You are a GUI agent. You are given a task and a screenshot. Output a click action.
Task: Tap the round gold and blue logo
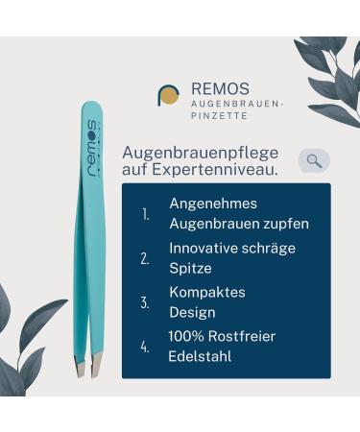[x=169, y=95]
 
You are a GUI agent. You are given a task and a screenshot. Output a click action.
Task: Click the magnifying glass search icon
[x=314, y=160]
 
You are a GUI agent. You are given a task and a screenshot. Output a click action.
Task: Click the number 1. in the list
[x=146, y=214]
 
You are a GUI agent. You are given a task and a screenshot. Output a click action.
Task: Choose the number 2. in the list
[x=145, y=258]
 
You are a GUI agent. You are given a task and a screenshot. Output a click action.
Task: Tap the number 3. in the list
[x=145, y=302]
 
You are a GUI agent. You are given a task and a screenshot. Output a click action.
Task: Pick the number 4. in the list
[x=145, y=347]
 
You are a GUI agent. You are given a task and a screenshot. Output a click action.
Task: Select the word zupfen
[x=283, y=224]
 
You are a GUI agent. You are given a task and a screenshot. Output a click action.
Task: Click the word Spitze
[x=190, y=268]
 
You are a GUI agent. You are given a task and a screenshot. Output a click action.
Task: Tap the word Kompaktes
[x=207, y=292]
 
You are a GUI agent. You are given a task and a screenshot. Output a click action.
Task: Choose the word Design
[x=193, y=312]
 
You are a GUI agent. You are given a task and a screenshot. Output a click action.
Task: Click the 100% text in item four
[x=185, y=336]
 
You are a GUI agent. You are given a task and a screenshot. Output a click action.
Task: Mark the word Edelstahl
[x=200, y=356]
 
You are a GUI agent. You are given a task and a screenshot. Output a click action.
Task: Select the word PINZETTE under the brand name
[x=219, y=115]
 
